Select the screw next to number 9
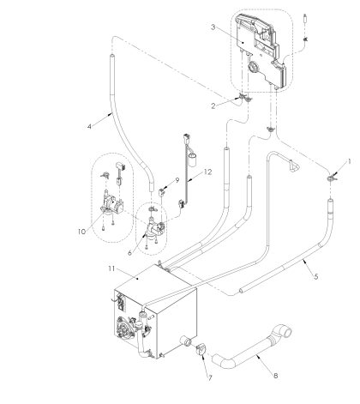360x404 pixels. (x=163, y=190)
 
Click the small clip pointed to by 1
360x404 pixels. (x=329, y=177)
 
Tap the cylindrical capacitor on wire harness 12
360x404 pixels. (x=195, y=157)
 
